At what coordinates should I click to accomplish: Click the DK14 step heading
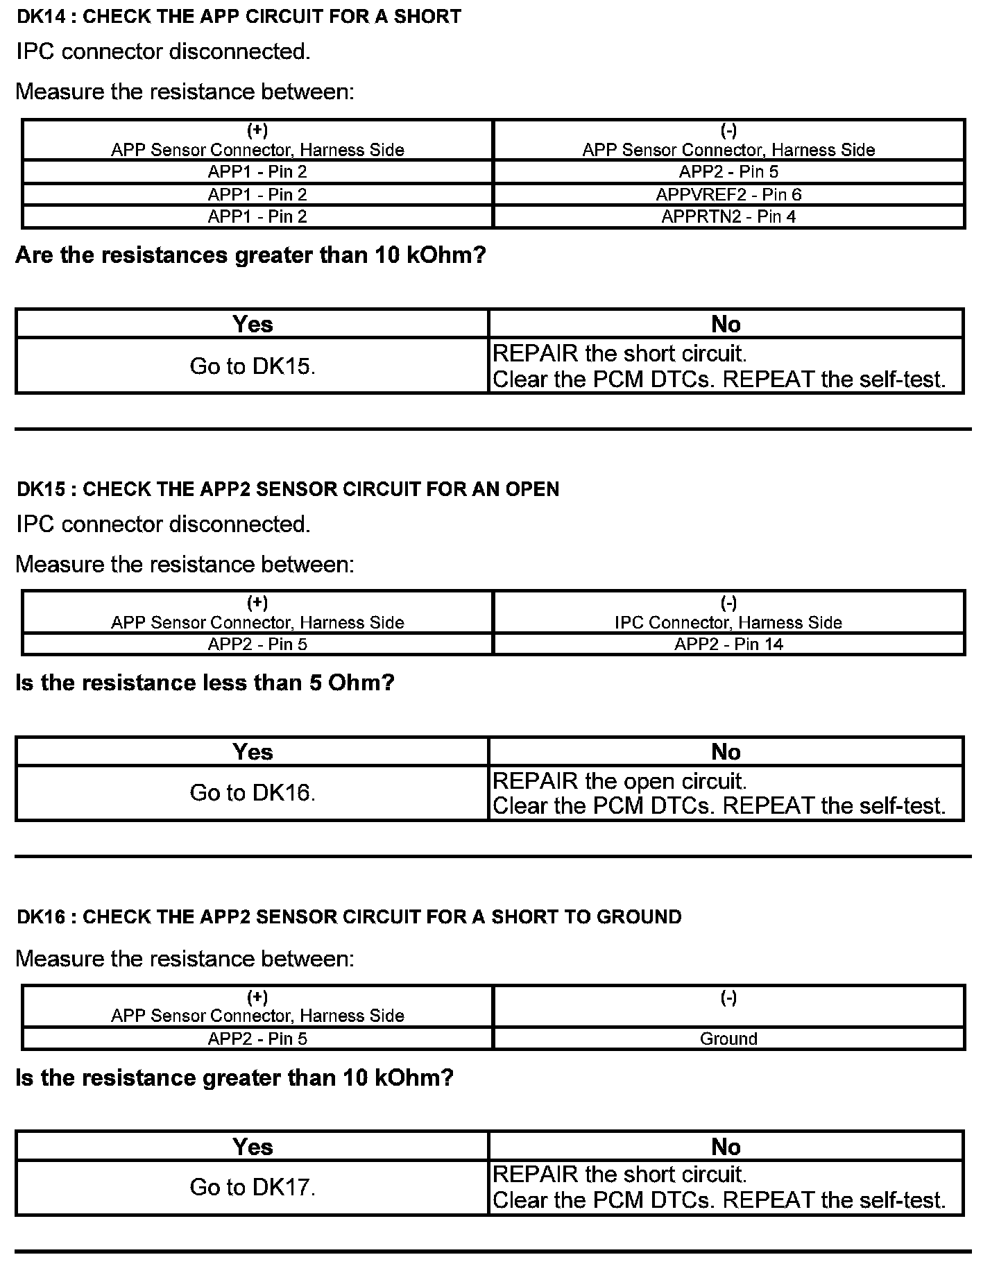(x=239, y=17)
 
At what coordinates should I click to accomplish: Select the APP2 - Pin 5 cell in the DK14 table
(x=728, y=172)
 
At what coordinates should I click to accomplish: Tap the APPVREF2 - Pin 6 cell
(x=728, y=194)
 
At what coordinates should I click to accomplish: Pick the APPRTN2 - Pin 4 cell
(x=728, y=216)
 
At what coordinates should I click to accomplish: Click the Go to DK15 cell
(x=253, y=366)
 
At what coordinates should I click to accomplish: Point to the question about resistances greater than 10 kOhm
(x=250, y=255)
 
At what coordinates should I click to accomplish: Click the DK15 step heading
(x=288, y=489)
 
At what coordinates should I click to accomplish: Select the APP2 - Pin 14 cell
(x=728, y=644)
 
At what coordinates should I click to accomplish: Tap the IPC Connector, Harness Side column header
(x=728, y=622)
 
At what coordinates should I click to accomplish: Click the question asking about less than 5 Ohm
(x=205, y=683)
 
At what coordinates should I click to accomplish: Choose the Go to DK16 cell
(x=253, y=793)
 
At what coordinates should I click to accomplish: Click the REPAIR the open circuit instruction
(x=620, y=781)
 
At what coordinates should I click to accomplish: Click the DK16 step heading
(x=349, y=917)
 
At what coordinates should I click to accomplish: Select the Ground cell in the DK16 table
(x=728, y=1039)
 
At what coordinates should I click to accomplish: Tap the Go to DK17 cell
(x=253, y=1187)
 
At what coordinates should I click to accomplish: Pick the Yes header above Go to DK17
(x=253, y=1147)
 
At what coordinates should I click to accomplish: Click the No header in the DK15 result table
(x=726, y=752)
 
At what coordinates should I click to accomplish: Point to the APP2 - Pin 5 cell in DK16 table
(x=257, y=1039)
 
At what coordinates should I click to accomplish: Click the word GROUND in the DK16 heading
(x=639, y=917)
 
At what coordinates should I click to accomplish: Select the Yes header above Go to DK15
(x=253, y=324)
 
